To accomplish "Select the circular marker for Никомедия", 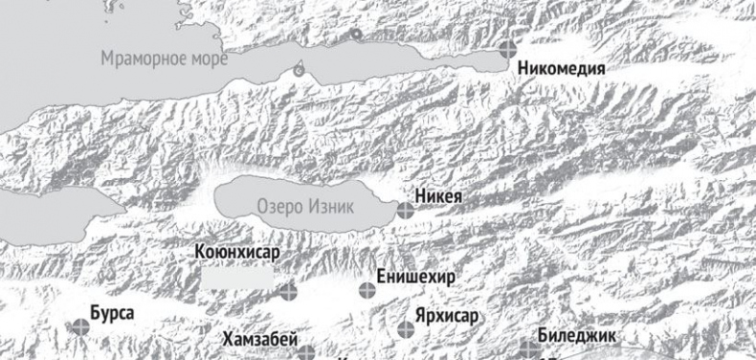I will pyautogui.click(x=508, y=48).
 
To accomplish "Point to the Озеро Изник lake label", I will pyautogui.click(x=305, y=206).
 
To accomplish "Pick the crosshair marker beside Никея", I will pyautogui.click(x=406, y=209).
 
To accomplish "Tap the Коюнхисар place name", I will pyautogui.click(x=235, y=254).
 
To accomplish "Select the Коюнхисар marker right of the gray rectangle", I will pyautogui.click(x=288, y=289).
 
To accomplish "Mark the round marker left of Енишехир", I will pyautogui.click(x=367, y=289).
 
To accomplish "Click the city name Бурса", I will pyautogui.click(x=112, y=313).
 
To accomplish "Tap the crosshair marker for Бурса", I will pyautogui.click(x=80, y=326).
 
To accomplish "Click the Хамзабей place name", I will pyautogui.click(x=260, y=339).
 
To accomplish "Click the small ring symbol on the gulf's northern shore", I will pyautogui.click(x=356, y=34).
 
